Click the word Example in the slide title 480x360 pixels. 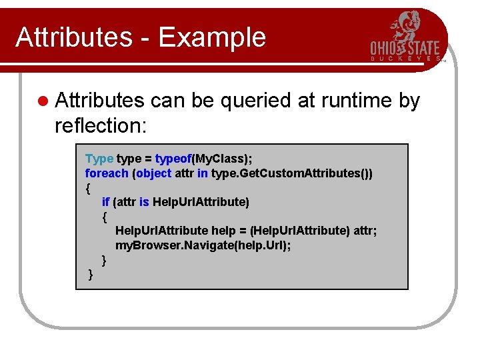(221, 38)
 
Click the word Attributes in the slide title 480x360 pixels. (73, 37)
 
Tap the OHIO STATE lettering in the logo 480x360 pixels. (405, 49)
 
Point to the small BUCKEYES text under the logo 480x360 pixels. (405, 59)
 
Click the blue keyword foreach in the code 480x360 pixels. (107, 173)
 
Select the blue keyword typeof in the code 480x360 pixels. (173, 159)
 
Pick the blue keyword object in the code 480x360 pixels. (153, 173)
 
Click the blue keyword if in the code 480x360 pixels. (105, 201)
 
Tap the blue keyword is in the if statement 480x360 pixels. (144, 201)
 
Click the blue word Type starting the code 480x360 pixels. (99, 159)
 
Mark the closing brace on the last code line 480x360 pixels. (90, 275)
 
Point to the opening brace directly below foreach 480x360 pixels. (89, 187)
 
